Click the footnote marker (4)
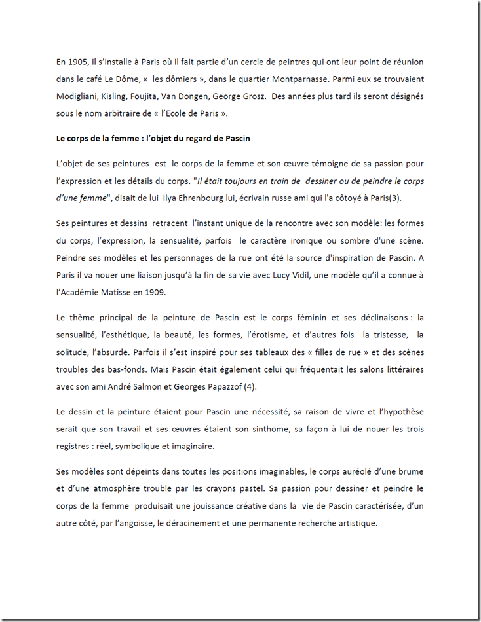[x=250, y=386]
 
